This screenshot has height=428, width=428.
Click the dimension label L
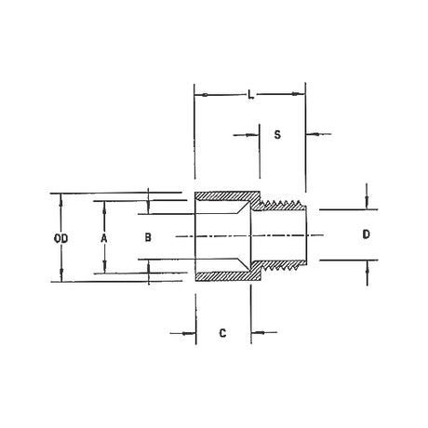point(251,95)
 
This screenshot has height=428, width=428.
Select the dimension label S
point(277,135)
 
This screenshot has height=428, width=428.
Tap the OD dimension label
point(60,238)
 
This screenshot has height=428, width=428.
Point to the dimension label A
point(104,238)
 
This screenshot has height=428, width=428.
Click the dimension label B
point(148,237)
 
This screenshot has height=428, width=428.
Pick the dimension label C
point(222,333)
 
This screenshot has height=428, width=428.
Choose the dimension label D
point(367,234)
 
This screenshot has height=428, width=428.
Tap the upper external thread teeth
point(282,205)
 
